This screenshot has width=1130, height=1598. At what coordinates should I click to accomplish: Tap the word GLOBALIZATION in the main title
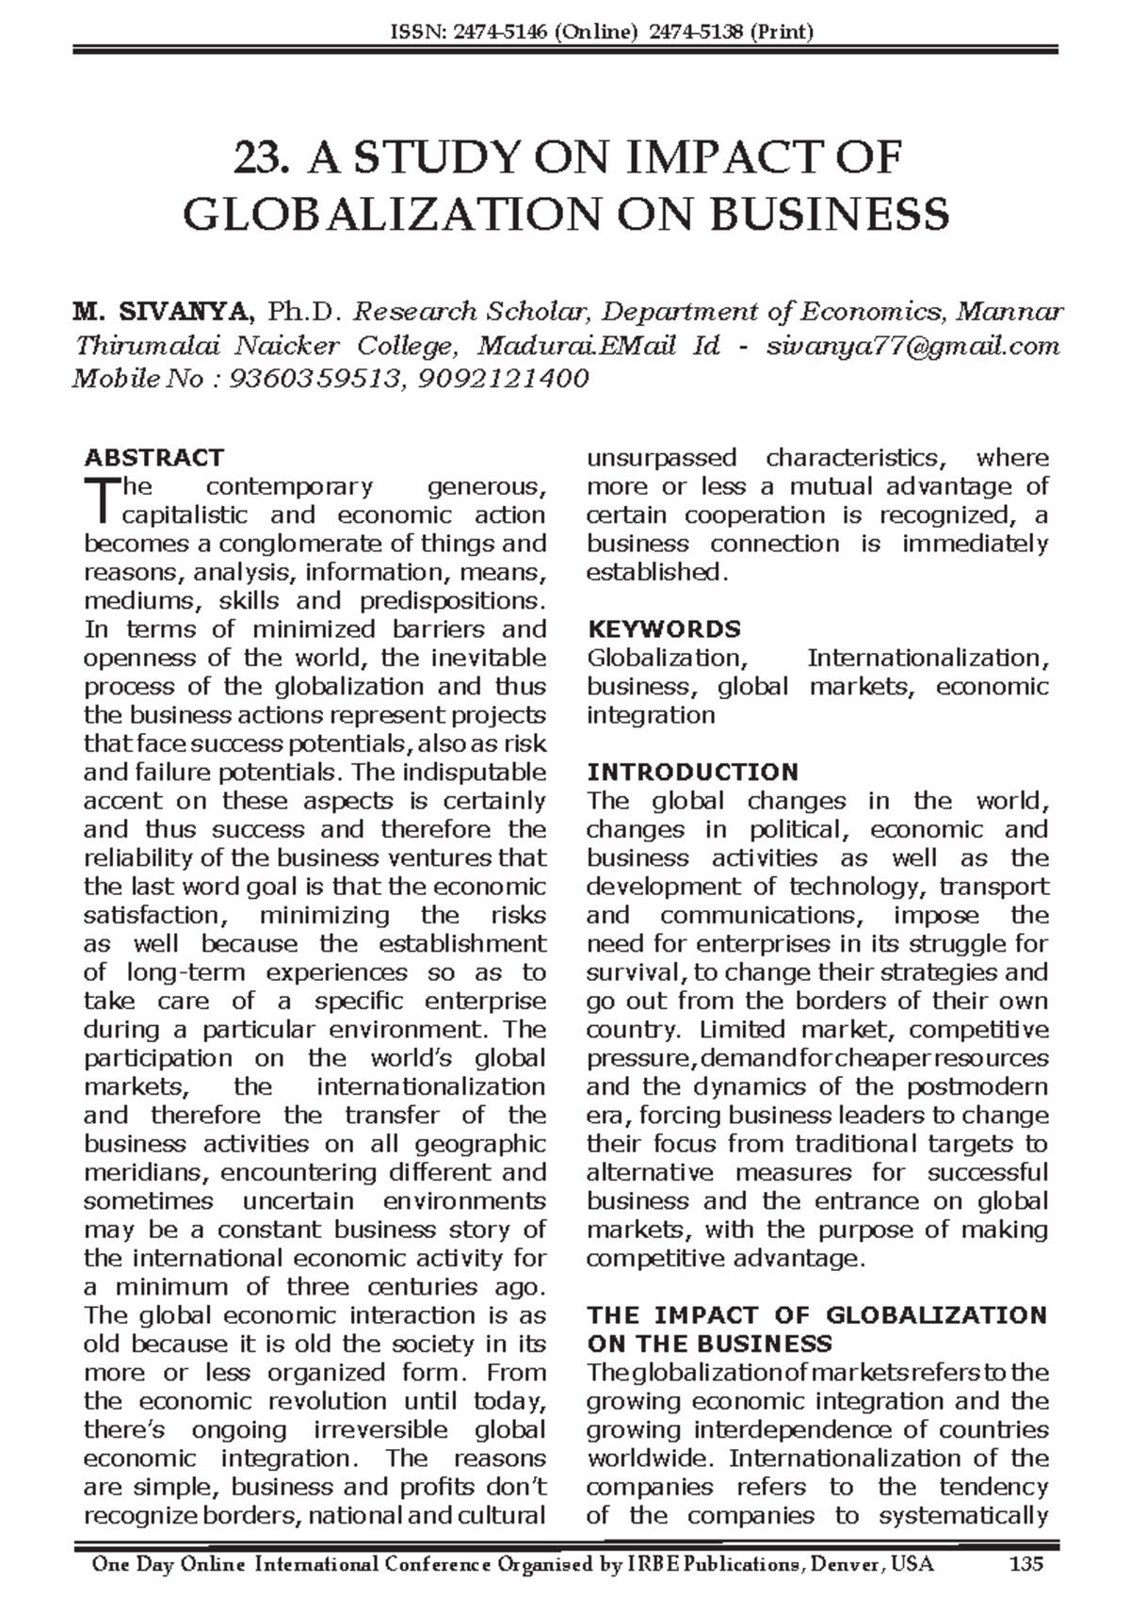point(391,215)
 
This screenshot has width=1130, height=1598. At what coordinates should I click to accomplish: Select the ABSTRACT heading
point(153,458)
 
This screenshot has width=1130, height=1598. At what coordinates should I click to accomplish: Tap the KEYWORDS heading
point(663,629)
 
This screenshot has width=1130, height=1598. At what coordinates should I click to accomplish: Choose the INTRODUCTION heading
point(692,773)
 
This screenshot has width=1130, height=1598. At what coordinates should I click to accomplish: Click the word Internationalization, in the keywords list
point(928,658)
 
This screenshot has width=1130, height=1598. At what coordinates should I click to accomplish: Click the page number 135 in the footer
point(1025,1565)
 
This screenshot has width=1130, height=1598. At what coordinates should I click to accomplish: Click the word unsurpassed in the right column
point(661,458)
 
